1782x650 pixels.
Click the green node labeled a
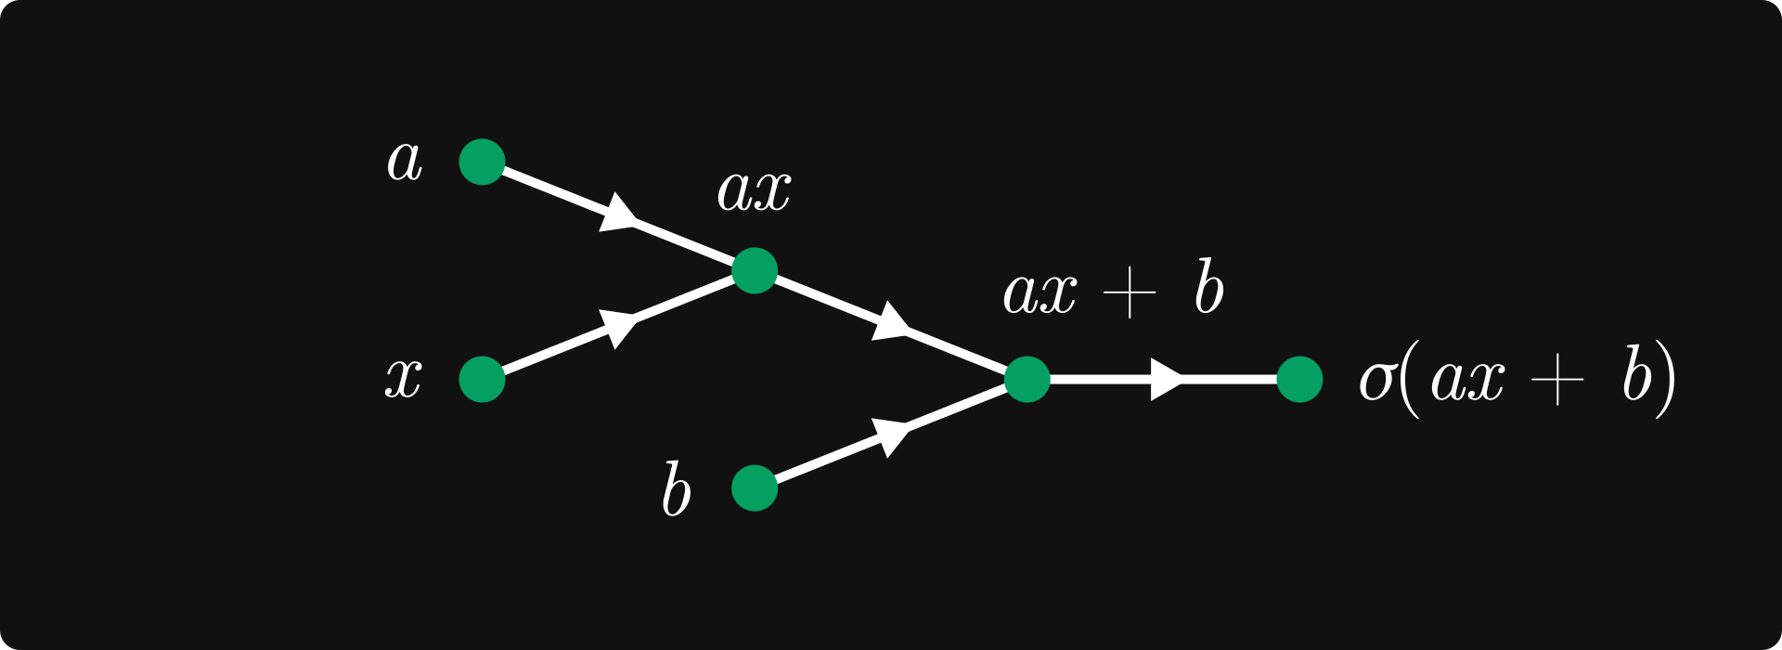click(482, 162)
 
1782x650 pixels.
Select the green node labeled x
click(482, 380)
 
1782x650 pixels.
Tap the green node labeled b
click(754, 488)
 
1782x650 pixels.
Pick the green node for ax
click(754, 271)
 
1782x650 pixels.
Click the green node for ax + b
click(1027, 380)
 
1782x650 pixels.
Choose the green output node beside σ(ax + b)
click(1299, 380)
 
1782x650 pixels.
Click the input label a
click(405, 162)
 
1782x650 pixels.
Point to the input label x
click(404, 379)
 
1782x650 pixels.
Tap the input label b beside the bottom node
click(676, 489)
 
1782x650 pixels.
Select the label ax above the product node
click(754, 190)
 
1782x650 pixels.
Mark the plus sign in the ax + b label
click(1130, 292)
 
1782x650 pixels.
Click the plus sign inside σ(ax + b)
click(1556, 381)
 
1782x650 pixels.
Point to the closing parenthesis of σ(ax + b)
click(1666, 380)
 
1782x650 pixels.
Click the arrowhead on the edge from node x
click(618, 327)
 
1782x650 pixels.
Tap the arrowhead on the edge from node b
click(891, 435)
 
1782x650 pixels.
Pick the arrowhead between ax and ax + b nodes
click(891, 323)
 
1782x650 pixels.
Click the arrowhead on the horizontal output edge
click(1165, 380)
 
